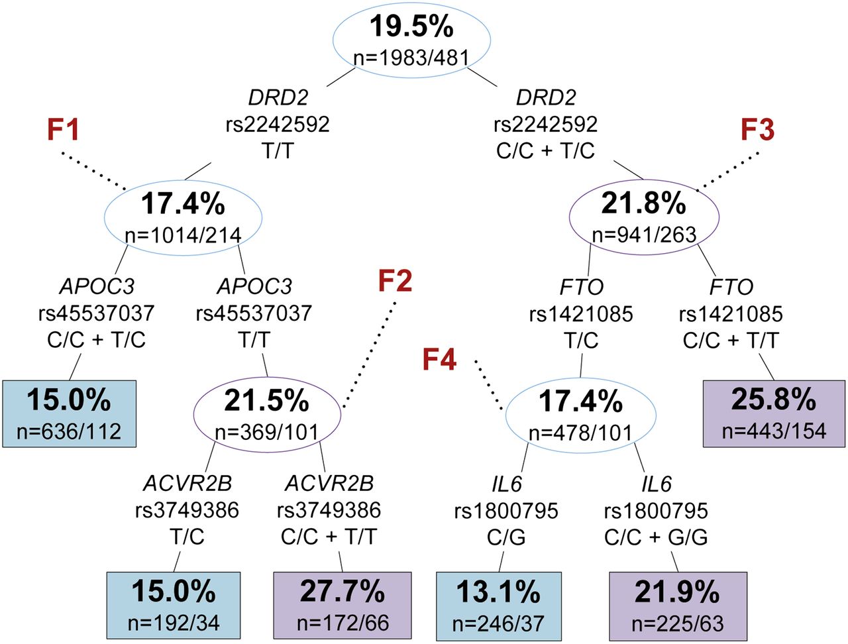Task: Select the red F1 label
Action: tap(63, 129)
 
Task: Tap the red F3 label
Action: tap(757, 129)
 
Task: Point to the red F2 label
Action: tap(395, 280)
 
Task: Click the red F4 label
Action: tap(439, 359)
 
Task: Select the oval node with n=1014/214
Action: tap(183, 217)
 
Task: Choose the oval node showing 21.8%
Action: tap(645, 217)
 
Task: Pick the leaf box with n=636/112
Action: tap(70, 413)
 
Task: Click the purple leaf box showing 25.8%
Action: tap(774, 413)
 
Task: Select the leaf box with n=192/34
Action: tap(174, 606)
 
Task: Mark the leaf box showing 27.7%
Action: tap(343, 606)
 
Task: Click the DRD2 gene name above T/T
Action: tap(278, 97)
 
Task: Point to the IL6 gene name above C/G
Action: tap(507, 484)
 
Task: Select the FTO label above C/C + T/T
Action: tap(731, 287)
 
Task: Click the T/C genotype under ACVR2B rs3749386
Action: tap(187, 537)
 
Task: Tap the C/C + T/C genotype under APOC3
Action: tap(96, 340)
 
